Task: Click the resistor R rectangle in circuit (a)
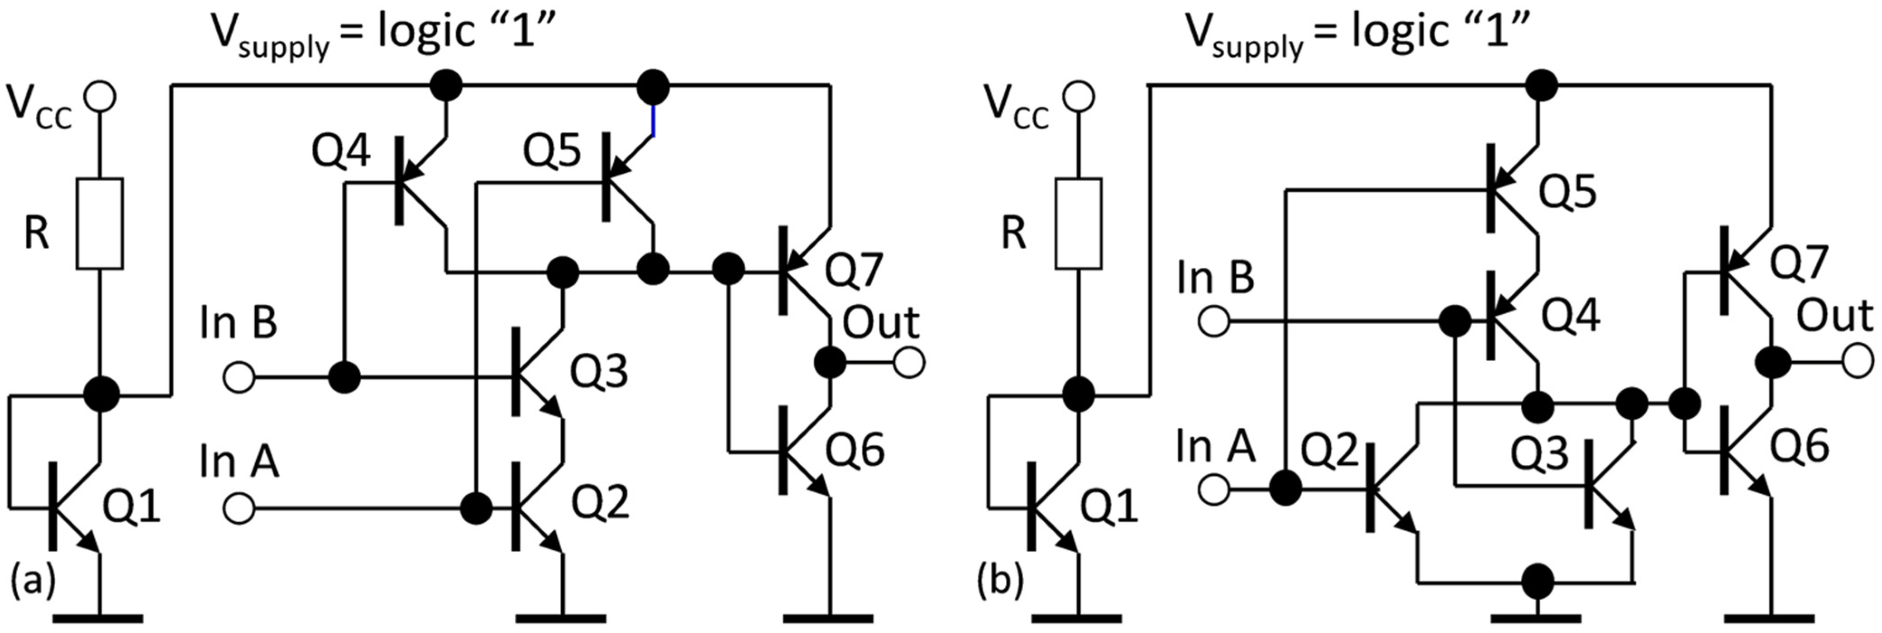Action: (100, 223)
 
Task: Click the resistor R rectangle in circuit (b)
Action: (1078, 223)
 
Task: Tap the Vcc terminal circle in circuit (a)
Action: (100, 96)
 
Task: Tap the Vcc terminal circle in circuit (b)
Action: (1078, 96)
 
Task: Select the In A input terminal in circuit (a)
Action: (239, 507)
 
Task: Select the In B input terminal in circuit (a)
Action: (239, 378)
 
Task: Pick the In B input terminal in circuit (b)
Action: (1214, 321)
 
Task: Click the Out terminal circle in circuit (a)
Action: (909, 362)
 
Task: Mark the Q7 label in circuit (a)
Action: (853, 269)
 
